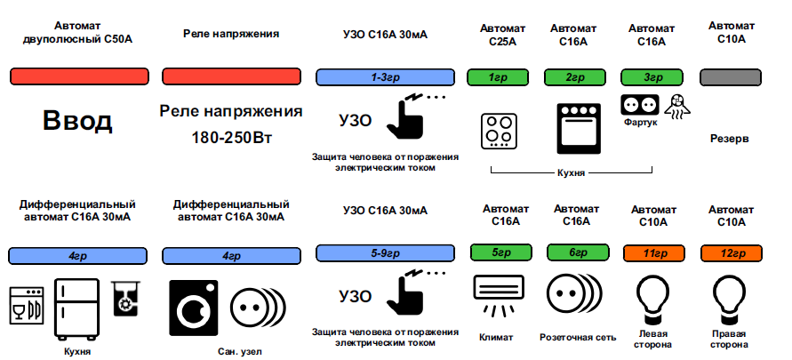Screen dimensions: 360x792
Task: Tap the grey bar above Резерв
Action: tap(733, 78)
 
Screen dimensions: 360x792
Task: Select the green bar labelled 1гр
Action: tap(498, 78)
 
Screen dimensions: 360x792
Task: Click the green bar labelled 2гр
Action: tap(573, 78)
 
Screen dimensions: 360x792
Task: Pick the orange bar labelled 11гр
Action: tap(653, 254)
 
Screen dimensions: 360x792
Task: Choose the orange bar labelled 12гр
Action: tap(732, 254)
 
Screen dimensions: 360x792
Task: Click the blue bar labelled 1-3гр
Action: tap(385, 78)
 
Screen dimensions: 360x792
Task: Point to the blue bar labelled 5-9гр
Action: tap(385, 254)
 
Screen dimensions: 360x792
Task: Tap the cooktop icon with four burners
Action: tap(499, 130)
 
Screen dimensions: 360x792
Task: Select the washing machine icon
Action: tap(192, 308)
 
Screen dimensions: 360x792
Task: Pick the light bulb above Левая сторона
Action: tap(653, 296)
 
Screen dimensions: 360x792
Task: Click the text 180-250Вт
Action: tap(232, 139)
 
